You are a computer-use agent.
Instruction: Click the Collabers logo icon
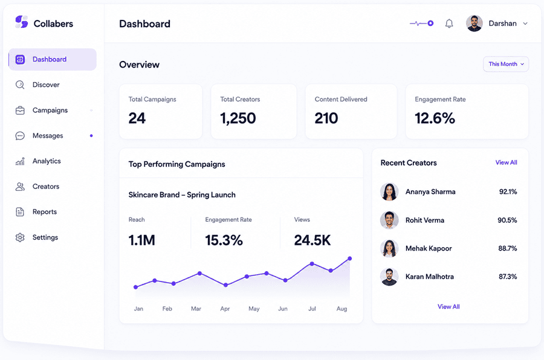22,22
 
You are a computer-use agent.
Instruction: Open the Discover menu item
46,85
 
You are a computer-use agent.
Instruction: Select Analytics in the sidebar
47,161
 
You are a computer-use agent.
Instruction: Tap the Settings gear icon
20,237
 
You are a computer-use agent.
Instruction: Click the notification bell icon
449,24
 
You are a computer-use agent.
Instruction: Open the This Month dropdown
506,64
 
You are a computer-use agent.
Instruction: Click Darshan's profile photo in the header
474,24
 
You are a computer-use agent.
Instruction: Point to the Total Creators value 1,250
238,118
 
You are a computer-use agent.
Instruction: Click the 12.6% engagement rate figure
435,118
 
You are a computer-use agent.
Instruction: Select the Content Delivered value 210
326,118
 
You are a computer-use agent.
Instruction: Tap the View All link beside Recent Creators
506,162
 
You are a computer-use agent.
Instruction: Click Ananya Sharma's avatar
389,192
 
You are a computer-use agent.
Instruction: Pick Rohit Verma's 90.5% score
507,220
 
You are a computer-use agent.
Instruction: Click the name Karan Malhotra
430,277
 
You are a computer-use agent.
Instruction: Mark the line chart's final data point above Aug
350,259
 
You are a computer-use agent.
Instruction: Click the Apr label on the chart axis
225,309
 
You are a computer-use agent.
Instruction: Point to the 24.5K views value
312,240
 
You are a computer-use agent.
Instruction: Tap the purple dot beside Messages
91,136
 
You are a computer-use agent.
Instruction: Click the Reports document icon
20,211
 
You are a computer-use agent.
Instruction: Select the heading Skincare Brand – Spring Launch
182,195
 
